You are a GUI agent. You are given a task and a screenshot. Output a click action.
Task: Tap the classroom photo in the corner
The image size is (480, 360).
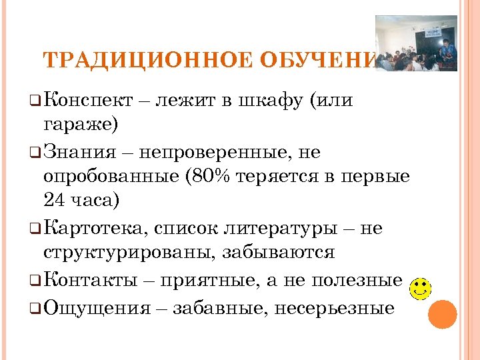(416, 43)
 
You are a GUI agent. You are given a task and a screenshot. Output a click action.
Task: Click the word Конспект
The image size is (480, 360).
(88, 101)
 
